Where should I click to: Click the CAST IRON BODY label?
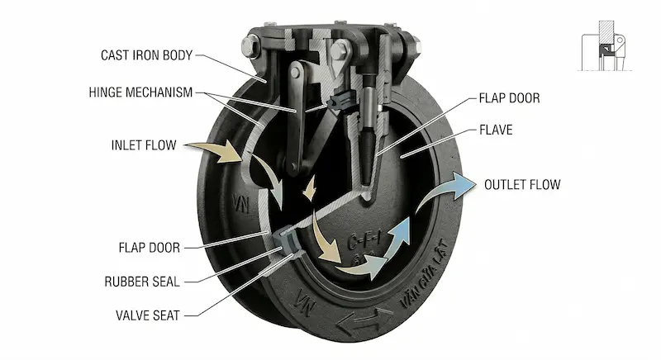146,56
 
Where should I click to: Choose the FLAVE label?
497,130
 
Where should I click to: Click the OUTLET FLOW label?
522,183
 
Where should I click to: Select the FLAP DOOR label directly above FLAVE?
509,98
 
